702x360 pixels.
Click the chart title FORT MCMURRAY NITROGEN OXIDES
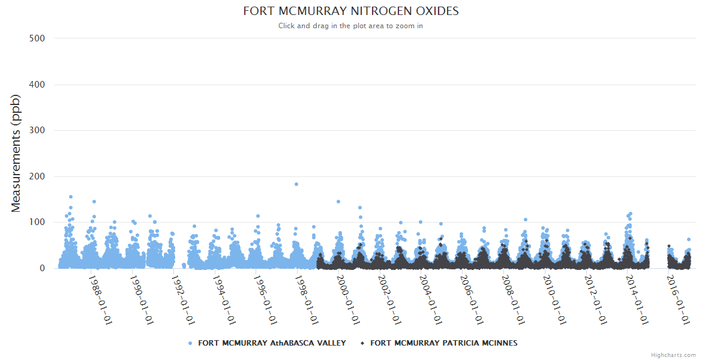(x=350, y=11)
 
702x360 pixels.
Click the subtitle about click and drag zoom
(x=350, y=26)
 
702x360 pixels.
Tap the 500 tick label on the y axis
(x=37, y=38)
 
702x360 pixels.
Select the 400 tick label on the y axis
(x=37, y=85)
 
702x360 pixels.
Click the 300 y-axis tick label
(x=37, y=130)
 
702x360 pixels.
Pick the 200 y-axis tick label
(x=37, y=176)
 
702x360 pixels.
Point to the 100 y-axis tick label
(x=37, y=223)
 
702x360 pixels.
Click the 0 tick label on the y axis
(x=41, y=268)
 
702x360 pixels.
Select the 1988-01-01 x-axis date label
(x=100, y=299)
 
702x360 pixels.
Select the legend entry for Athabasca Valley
(x=272, y=343)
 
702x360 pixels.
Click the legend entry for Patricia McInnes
(x=443, y=343)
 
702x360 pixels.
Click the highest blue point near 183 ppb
(x=296, y=184)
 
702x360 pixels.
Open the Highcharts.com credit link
(x=673, y=355)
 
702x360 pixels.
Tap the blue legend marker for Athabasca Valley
(x=190, y=343)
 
